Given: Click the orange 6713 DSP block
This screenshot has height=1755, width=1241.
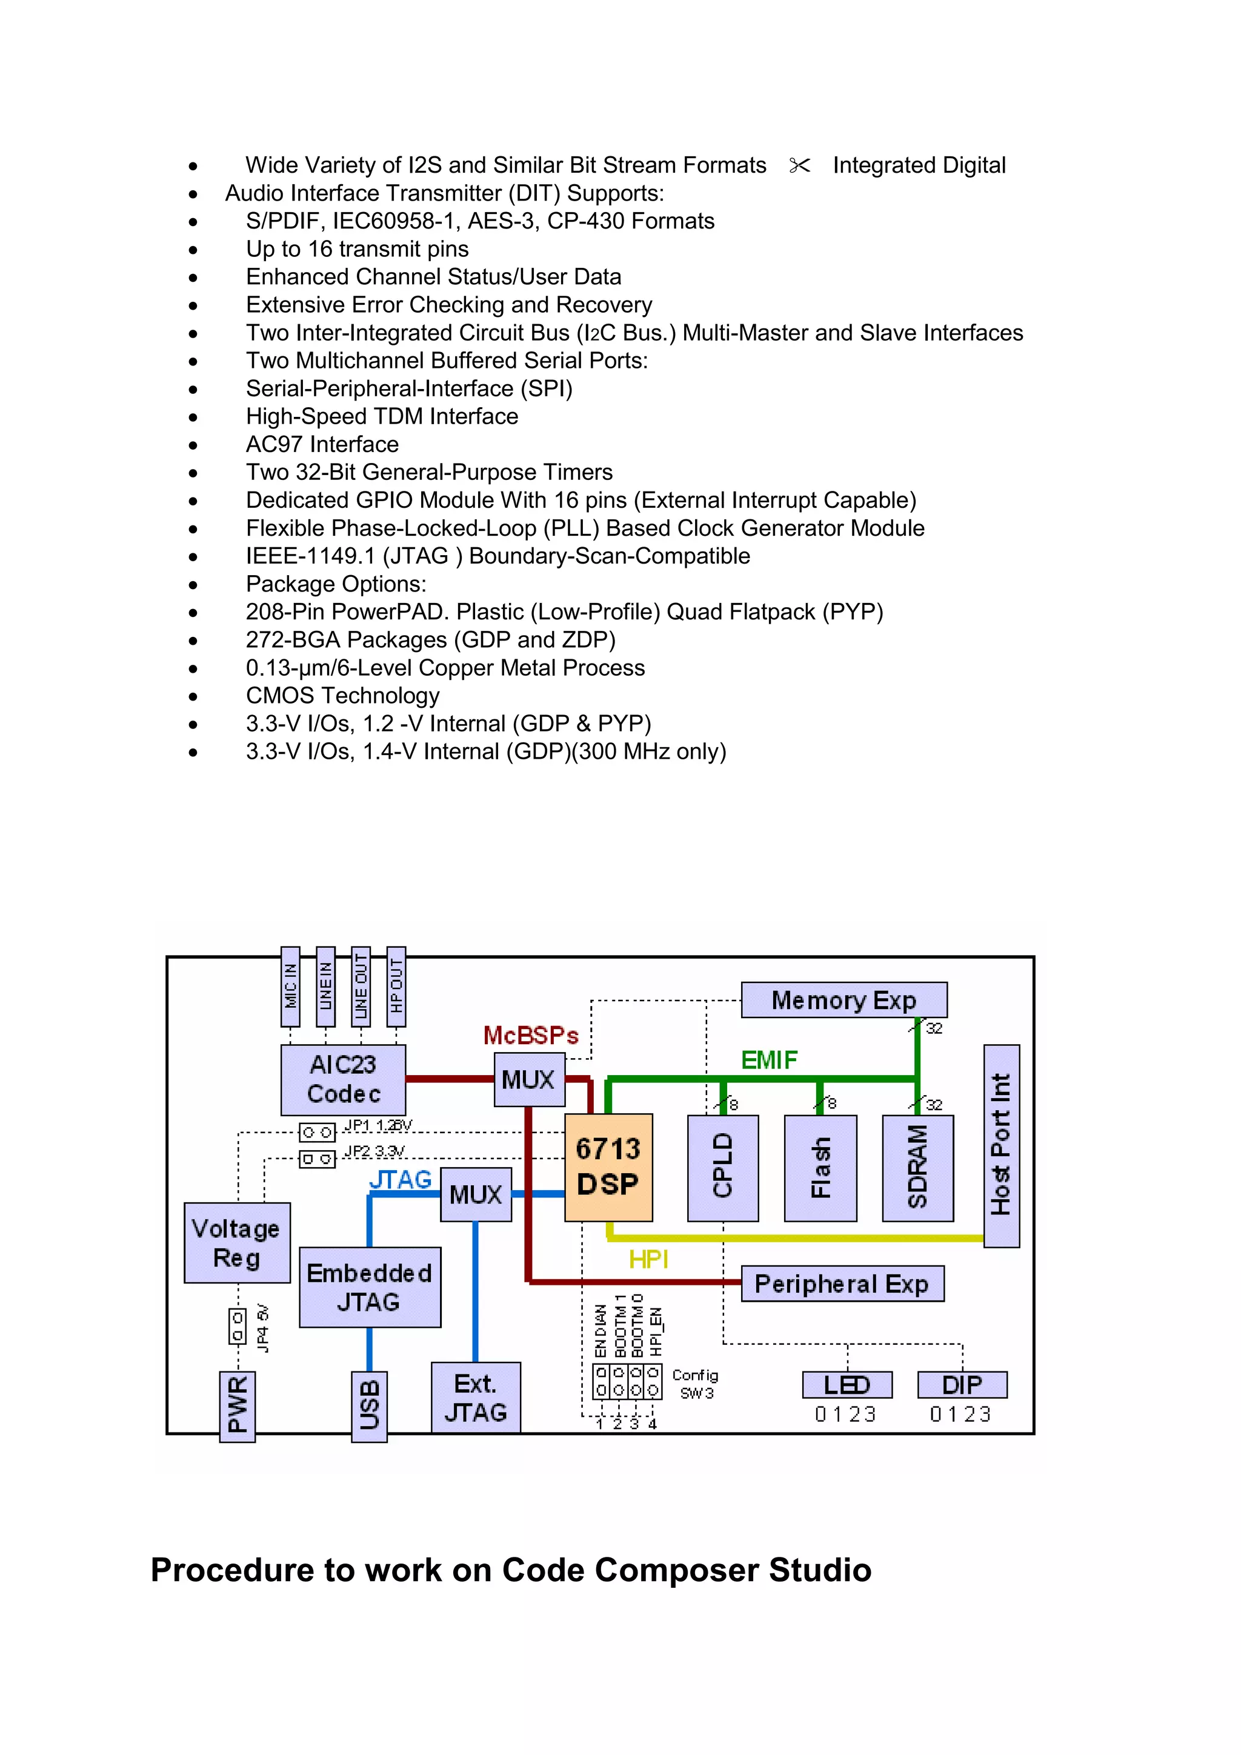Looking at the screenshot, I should click(608, 1167).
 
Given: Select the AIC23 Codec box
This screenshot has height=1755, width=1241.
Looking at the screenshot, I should click(343, 1079).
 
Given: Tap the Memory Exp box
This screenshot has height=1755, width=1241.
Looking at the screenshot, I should click(843, 1000).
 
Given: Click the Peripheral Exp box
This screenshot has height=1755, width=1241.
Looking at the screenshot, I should click(842, 1284).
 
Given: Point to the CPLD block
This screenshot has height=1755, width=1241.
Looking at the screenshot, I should click(723, 1167).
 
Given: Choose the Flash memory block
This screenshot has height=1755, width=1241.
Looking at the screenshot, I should click(820, 1167).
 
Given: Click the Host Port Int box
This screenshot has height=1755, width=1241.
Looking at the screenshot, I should click(1001, 1145).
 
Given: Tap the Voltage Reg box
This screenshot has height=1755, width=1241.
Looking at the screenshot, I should click(237, 1242).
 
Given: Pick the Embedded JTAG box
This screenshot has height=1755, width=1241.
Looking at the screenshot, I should click(370, 1287).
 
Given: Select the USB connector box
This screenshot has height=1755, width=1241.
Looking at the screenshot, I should click(369, 1407).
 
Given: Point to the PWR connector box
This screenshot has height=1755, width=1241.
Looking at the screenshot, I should click(237, 1407).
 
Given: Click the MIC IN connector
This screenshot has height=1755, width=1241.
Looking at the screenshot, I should click(290, 986).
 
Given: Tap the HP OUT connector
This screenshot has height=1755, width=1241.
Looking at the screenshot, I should click(396, 986).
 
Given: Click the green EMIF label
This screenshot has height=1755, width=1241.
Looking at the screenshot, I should click(769, 1059).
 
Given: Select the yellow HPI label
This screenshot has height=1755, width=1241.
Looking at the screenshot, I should click(648, 1259).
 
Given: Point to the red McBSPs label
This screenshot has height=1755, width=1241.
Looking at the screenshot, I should click(531, 1036).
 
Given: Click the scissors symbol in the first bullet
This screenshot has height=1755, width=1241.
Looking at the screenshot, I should click(799, 165).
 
